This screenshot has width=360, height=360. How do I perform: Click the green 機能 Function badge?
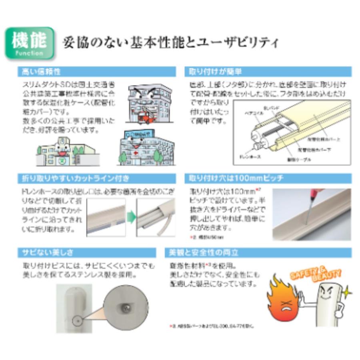pos(29,43)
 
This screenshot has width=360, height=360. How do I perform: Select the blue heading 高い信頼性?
pos(40,72)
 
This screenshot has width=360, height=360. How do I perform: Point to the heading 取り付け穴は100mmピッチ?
pos(236,178)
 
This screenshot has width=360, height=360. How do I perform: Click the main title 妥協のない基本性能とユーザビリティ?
pos(170,43)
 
